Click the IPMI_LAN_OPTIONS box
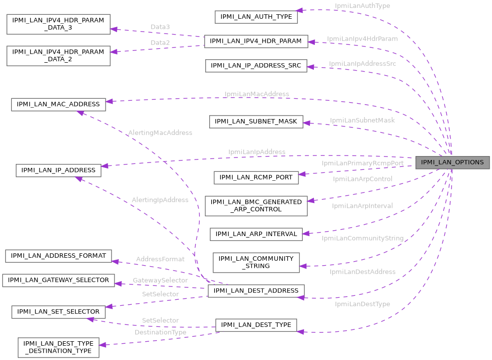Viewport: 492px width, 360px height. coord(453,162)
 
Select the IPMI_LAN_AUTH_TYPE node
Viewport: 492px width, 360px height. coord(256,16)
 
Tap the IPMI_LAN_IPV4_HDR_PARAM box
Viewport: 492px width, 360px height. coord(256,41)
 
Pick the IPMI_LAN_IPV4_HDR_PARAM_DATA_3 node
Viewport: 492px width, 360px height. coord(58,24)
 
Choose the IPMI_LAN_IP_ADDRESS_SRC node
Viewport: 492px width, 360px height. coord(256,66)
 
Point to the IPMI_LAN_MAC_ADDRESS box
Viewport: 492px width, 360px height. coord(58,104)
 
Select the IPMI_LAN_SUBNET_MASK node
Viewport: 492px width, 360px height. coord(256,121)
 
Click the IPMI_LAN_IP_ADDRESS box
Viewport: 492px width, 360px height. coord(59,170)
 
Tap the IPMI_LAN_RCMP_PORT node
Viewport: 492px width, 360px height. coord(256,177)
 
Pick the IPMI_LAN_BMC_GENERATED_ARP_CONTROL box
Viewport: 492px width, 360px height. coord(256,205)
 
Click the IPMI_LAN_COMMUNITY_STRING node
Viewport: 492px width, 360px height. coord(256,262)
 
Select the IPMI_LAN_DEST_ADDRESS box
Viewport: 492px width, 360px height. coord(256,291)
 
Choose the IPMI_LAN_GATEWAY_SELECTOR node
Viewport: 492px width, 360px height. coord(59,280)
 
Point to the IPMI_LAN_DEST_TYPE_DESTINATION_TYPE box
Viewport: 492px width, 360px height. coord(58,347)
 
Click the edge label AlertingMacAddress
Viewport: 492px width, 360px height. coord(160,133)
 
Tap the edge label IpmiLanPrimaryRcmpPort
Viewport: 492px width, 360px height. coord(363,163)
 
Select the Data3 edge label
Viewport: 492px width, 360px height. coord(160,26)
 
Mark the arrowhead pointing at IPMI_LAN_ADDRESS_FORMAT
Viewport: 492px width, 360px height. coord(115,261)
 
